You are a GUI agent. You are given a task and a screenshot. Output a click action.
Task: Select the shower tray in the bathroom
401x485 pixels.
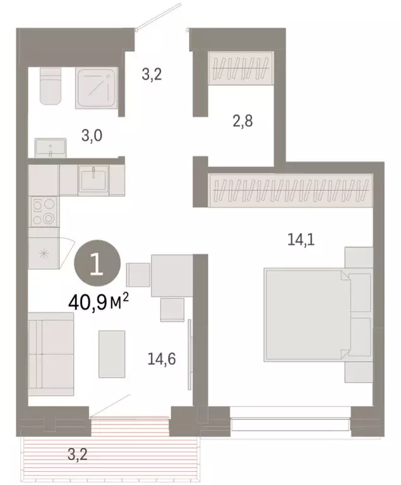tap(95, 88)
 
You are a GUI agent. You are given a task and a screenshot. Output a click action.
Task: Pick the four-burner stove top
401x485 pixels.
tap(43, 212)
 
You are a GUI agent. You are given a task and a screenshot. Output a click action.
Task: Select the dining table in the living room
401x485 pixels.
tap(171, 275)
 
